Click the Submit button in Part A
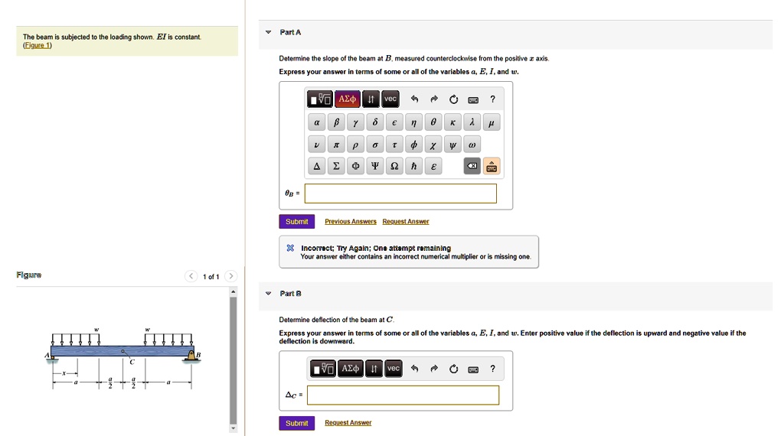296,222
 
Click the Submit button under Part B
296,423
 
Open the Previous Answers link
350,222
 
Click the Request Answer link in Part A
405,222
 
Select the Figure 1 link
38,45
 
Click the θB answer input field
400,194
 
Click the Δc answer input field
403,395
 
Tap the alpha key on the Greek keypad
316,122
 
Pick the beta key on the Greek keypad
335,122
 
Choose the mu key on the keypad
491,122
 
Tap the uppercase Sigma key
335,166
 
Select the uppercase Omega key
394,166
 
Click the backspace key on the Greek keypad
472,166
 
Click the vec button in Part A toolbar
390,99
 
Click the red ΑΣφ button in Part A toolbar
347,99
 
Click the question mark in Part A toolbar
492,99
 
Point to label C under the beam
131,362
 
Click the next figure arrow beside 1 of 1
231,276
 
